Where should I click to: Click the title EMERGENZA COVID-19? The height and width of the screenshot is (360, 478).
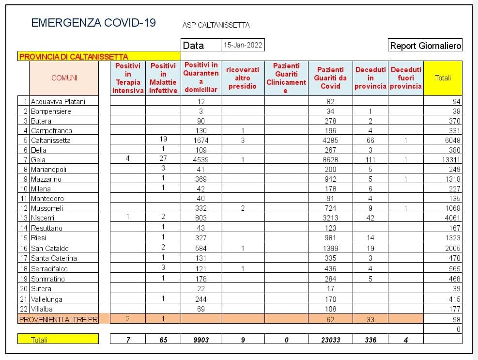click(x=93, y=23)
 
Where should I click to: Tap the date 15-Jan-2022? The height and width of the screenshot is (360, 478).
click(x=243, y=45)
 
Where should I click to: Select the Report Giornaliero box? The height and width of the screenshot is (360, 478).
click(x=425, y=46)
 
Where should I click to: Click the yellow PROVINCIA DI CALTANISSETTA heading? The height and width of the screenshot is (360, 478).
click(x=73, y=57)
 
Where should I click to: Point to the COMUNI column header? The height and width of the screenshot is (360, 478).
click(x=64, y=78)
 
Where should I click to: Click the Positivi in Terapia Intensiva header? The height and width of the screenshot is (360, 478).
click(x=128, y=78)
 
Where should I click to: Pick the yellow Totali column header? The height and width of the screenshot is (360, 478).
click(x=443, y=78)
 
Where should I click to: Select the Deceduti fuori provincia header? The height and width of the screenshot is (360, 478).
click(x=406, y=78)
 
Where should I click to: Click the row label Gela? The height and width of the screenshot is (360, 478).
click(x=38, y=159)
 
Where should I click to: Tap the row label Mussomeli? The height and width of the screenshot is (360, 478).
click(x=46, y=208)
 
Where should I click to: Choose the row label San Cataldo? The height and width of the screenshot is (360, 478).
click(x=49, y=248)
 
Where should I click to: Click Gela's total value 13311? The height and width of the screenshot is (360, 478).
click(x=451, y=159)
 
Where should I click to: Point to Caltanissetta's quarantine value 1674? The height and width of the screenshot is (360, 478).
click(x=201, y=140)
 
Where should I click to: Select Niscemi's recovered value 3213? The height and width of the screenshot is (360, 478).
click(x=330, y=218)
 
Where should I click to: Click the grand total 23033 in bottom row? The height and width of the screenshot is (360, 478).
click(x=330, y=340)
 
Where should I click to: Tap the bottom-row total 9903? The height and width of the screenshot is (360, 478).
click(x=201, y=340)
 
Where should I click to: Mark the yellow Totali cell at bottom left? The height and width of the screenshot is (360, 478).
click(x=58, y=340)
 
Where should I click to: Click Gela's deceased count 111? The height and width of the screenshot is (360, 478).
click(x=370, y=159)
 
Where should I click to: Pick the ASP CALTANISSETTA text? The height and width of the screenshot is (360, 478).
click(x=216, y=25)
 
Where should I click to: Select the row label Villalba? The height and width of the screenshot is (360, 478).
click(x=42, y=309)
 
